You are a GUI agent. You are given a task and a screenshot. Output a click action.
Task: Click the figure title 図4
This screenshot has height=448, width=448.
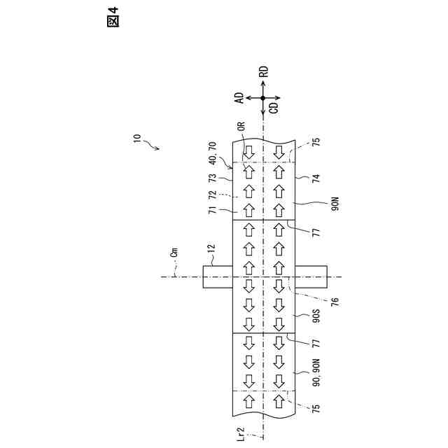click(x=112, y=17)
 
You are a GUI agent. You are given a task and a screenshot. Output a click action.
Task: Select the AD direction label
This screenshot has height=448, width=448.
click(x=239, y=97)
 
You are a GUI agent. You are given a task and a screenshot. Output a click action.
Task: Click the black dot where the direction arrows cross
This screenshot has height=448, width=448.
click(x=263, y=97)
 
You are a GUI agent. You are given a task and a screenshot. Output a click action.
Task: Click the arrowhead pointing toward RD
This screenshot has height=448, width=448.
click(x=263, y=82)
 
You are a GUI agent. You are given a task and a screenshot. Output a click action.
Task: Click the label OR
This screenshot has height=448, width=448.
click(x=241, y=127)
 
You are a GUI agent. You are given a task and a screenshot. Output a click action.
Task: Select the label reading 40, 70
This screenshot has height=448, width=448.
click(x=213, y=153)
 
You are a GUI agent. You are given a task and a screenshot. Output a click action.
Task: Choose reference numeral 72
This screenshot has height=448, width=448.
click(x=213, y=195)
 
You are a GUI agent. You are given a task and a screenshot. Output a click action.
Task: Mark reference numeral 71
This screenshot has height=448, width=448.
click(x=213, y=209)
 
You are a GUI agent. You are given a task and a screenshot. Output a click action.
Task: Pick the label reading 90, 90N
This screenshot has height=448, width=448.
click(x=316, y=374)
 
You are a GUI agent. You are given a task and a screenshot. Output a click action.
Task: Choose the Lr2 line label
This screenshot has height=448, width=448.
click(x=241, y=434)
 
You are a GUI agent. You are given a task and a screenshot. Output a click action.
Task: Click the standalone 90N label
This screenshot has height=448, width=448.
click(x=335, y=203)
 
